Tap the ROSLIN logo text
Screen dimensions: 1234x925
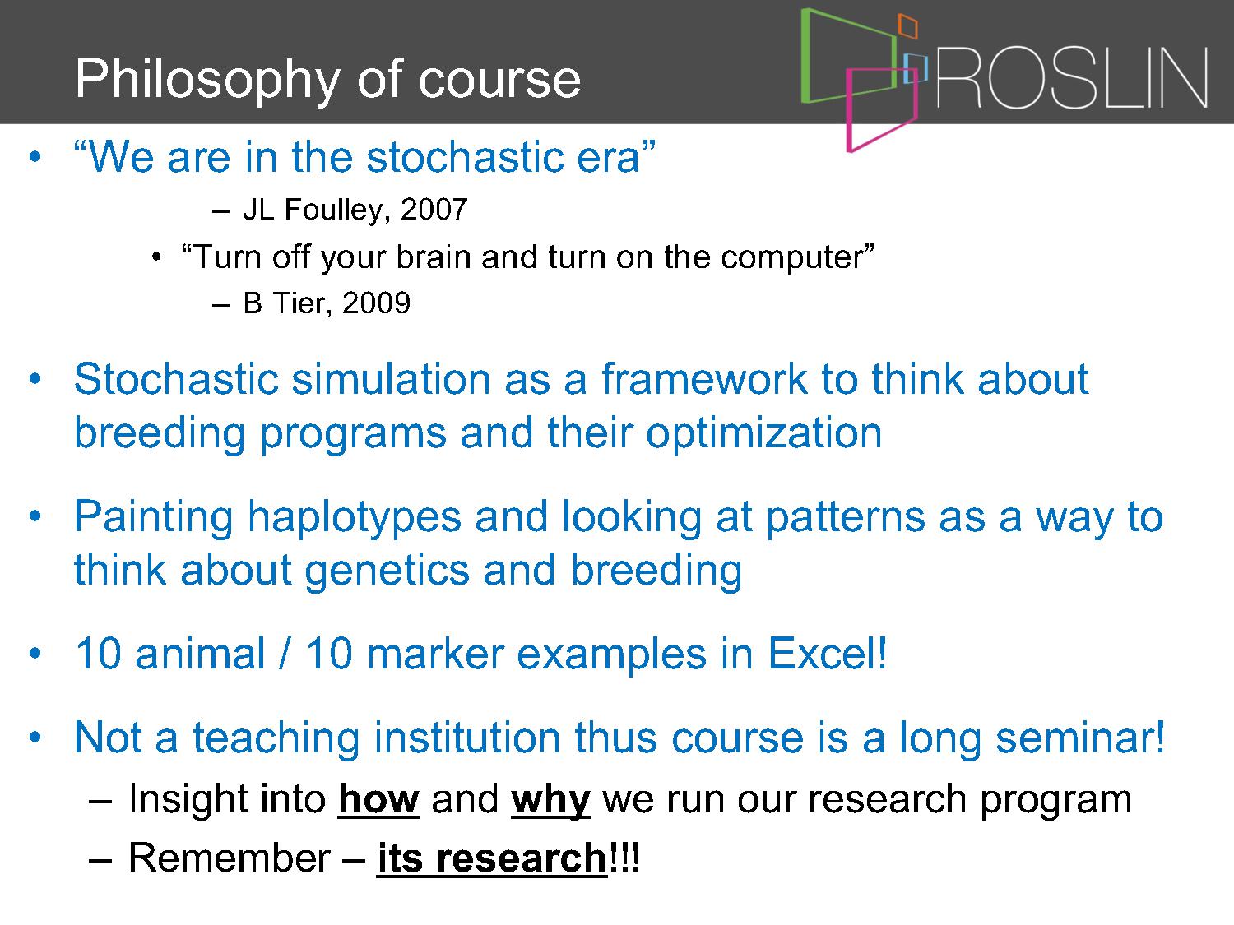tap(1072, 78)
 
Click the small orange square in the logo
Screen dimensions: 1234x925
tap(908, 26)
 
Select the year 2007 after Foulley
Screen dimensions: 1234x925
tap(434, 210)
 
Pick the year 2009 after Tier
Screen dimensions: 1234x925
tap(376, 303)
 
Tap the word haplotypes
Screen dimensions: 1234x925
tap(355, 518)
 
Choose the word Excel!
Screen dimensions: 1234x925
tap(828, 654)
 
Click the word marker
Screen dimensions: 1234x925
tap(436, 654)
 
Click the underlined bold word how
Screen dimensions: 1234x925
tap(379, 799)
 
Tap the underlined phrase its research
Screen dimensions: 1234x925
tap(492, 858)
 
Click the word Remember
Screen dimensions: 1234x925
tap(230, 858)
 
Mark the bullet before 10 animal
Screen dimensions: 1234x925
tap(35, 653)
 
